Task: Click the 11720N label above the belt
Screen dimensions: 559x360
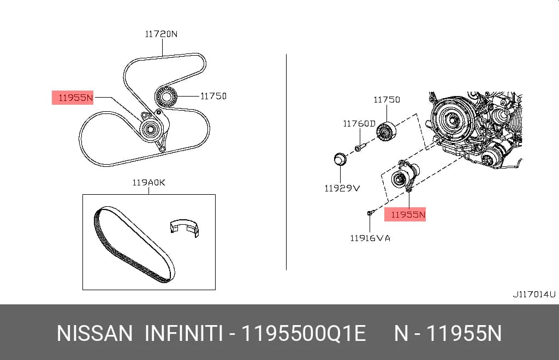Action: pyautogui.click(x=161, y=34)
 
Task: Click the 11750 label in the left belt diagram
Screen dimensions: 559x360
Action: pyautogui.click(x=213, y=96)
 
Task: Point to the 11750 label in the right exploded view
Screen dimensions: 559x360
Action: pyautogui.click(x=387, y=100)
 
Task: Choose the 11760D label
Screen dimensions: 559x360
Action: pyautogui.click(x=359, y=124)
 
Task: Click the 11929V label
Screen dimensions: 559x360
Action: pyautogui.click(x=342, y=188)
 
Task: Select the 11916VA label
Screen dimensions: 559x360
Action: pyautogui.click(x=370, y=238)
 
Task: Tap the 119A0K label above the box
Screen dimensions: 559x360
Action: pyautogui.click(x=148, y=182)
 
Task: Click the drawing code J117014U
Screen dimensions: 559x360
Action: pyautogui.click(x=534, y=295)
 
